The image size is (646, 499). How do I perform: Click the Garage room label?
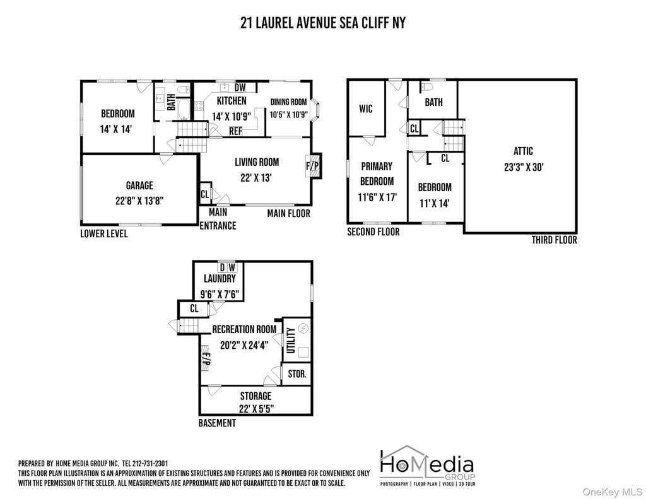point(139,185)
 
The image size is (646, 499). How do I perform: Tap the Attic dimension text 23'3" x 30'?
point(524,167)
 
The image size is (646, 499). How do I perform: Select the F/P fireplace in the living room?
point(313,166)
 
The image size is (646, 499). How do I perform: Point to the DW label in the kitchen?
point(240,87)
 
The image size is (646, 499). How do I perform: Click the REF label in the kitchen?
point(236,131)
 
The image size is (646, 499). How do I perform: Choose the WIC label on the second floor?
point(366,109)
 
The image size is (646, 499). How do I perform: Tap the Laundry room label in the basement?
point(220,279)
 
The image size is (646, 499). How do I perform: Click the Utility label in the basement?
point(291,341)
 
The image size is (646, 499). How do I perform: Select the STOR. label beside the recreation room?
point(297,374)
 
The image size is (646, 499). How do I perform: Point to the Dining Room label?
point(288,102)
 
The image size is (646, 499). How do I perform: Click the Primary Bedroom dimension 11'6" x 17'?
point(377,197)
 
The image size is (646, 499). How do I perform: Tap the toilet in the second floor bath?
point(426,87)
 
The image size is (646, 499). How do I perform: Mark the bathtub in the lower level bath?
point(184,109)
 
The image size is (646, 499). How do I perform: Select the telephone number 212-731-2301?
point(150,464)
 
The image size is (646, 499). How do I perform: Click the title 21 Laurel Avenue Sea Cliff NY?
point(323,23)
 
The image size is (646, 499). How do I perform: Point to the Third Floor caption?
point(554,240)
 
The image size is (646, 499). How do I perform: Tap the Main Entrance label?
point(218,219)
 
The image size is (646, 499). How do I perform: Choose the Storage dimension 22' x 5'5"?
point(256,409)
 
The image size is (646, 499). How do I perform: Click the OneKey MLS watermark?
point(612,491)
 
